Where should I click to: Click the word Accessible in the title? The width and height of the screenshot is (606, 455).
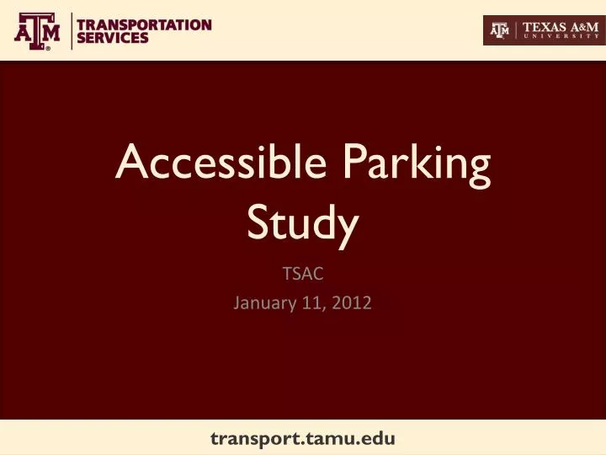[220, 163]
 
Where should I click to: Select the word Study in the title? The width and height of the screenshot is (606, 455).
[303, 222]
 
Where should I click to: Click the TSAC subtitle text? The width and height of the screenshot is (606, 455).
[302, 274]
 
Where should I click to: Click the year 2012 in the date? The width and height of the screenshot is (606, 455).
[352, 303]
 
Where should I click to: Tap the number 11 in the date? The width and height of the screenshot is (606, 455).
[313, 303]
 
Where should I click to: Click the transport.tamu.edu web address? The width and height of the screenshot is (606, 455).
[302, 438]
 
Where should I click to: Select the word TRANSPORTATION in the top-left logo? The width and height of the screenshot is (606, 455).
[144, 24]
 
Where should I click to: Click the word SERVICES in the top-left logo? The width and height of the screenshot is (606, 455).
[113, 38]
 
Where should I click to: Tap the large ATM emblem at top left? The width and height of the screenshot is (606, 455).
[38, 29]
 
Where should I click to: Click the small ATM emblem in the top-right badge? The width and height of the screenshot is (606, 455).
[501, 30]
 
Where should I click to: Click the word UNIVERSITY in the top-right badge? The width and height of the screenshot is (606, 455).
[561, 37]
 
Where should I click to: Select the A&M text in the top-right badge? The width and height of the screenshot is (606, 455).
[586, 26]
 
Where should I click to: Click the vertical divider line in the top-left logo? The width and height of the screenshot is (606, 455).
[71, 31]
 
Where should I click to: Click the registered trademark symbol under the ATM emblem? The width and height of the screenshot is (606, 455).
[48, 49]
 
